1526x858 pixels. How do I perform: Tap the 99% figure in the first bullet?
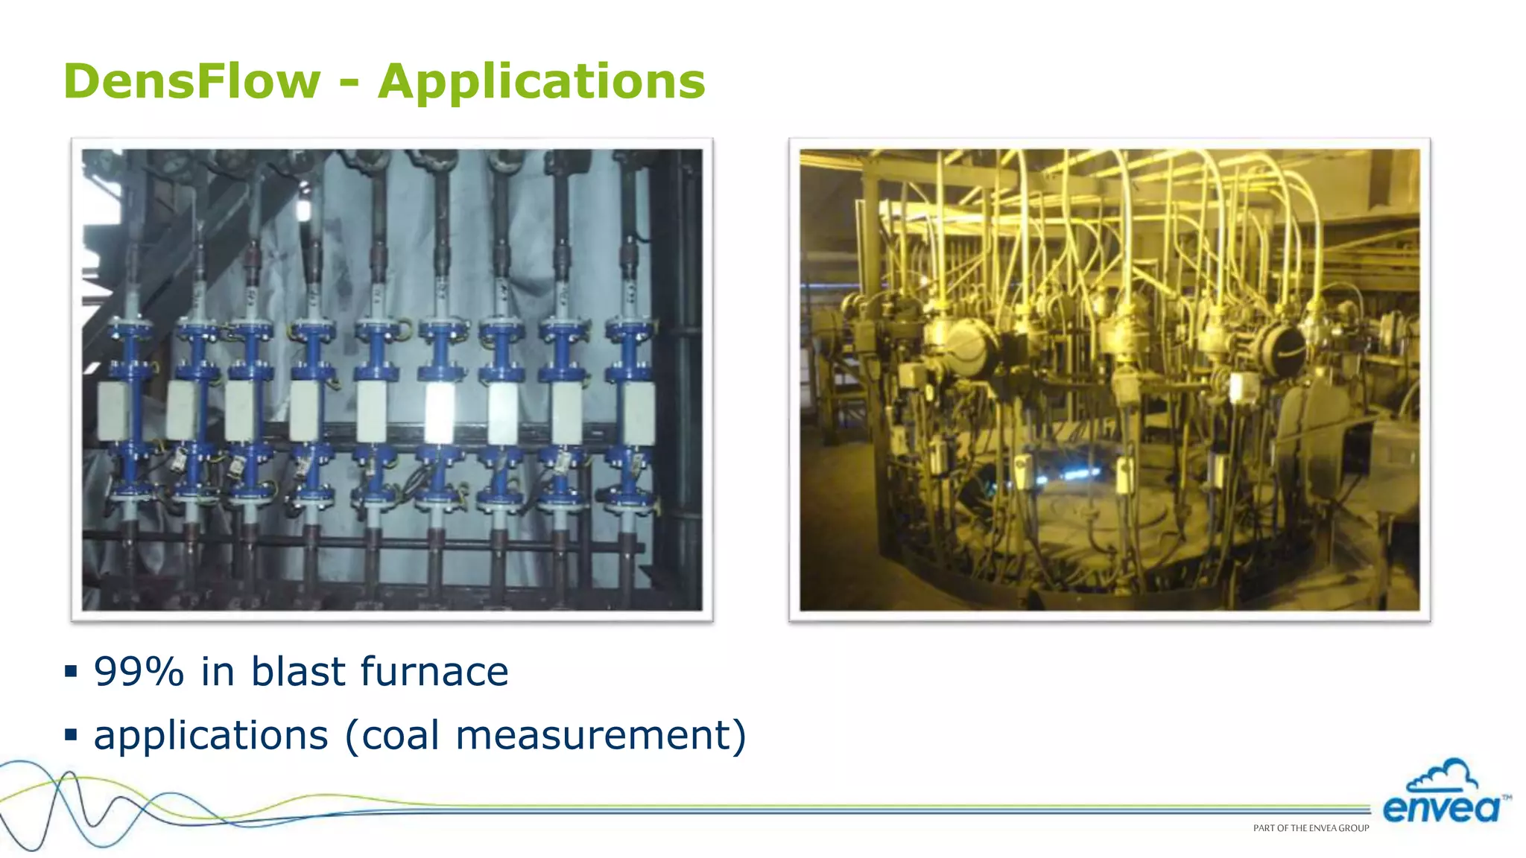click(139, 671)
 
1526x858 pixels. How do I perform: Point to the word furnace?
click(434, 671)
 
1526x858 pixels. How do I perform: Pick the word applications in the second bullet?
click(211, 736)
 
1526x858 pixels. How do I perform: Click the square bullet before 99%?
click(72, 672)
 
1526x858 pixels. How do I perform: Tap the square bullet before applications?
click(72, 736)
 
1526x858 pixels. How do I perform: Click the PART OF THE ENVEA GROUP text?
click(1311, 828)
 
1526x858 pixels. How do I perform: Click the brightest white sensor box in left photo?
click(439, 412)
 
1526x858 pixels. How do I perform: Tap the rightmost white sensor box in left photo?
click(639, 410)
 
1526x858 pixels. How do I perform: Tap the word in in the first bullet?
click(218, 671)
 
